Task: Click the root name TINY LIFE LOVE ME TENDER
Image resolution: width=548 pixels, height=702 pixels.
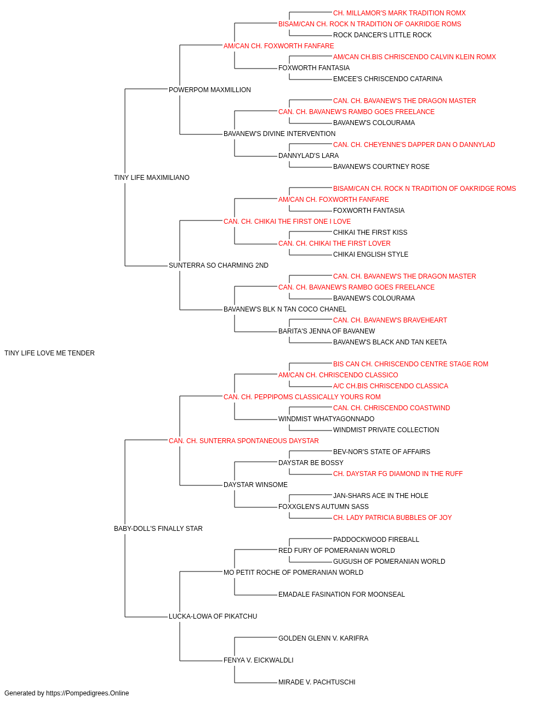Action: tap(49, 353)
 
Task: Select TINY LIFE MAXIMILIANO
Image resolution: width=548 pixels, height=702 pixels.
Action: tap(152, 178)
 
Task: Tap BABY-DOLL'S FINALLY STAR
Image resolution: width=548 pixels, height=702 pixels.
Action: tap(158, 529)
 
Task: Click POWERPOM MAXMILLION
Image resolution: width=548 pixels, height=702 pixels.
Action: tap(210, 90)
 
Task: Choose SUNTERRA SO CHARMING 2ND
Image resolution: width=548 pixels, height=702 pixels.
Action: tap(219, 265)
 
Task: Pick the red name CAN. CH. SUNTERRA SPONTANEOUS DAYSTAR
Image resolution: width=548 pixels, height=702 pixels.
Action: tap(244, 440)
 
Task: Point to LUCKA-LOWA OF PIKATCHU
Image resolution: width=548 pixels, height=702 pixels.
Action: tap(213, 616)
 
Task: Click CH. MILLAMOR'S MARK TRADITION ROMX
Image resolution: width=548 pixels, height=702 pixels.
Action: tap(399, 13)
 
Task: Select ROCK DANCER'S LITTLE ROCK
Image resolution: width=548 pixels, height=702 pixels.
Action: tap(382, 35)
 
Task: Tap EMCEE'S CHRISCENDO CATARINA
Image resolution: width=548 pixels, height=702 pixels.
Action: tap(387, 79)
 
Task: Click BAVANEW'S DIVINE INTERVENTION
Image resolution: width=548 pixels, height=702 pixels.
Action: tap(279, 134)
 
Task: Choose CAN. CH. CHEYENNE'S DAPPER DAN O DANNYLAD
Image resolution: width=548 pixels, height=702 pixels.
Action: tap(414, 145)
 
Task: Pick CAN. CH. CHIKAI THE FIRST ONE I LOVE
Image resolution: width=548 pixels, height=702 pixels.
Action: tap(287, 221)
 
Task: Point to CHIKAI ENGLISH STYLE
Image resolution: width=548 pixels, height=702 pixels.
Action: tap(370, 254)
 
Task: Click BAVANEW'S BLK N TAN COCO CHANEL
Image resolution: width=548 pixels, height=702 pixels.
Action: tap(285, 309)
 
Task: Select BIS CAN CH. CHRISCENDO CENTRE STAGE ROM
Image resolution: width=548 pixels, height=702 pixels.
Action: tap(410, 364)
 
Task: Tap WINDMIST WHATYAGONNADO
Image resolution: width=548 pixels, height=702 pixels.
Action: tap(326, 419)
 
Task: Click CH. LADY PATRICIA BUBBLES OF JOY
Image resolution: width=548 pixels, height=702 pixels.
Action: tap(392, 518)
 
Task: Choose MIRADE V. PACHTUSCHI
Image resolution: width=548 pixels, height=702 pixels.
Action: tap(317, 682)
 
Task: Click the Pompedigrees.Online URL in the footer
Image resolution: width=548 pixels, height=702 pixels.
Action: tap(88, 693)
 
